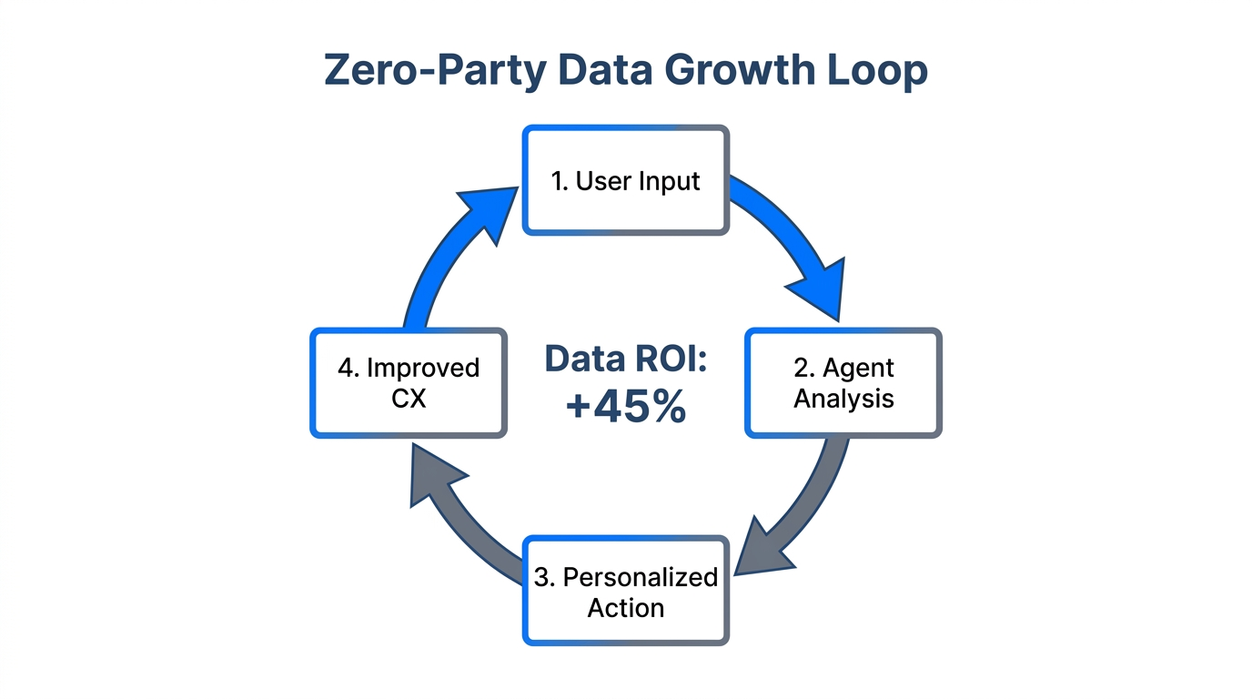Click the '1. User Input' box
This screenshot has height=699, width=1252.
[x=625, y=180]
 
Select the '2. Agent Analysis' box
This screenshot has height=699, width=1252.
[x=843, y=383]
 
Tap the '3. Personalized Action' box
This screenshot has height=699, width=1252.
[x=625, y=591]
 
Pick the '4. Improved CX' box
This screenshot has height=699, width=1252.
[x=408, y=383]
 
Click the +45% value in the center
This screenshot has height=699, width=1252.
[x=625, y=407]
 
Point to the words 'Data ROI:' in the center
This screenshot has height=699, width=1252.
[x=625, y=360]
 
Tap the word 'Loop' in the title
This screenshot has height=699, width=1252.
[x=879, y=71]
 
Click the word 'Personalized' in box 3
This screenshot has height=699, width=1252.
[x=640, y=577]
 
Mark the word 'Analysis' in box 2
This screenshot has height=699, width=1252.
[x=843, y=399]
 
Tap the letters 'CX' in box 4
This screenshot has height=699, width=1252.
[x=408, y=399]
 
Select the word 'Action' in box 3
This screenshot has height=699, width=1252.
[x=625, y=607]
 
